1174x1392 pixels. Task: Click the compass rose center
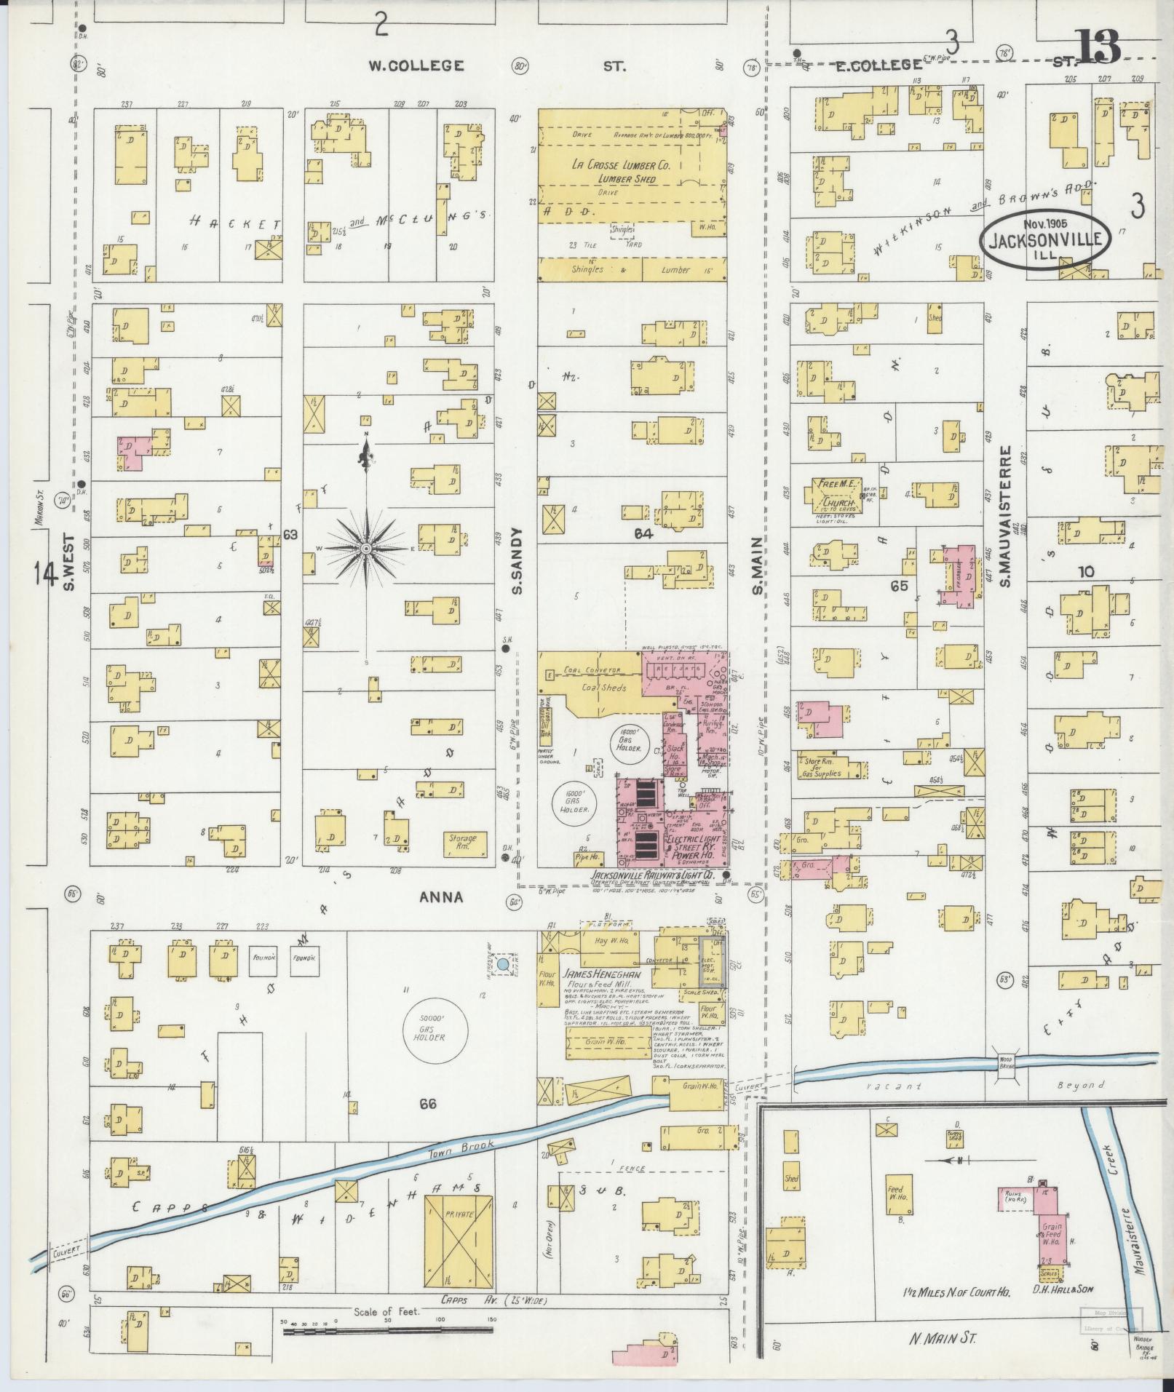[x=367, y=547]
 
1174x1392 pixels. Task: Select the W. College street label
[x=416, y=66]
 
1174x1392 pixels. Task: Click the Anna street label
[x=440, y=897]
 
